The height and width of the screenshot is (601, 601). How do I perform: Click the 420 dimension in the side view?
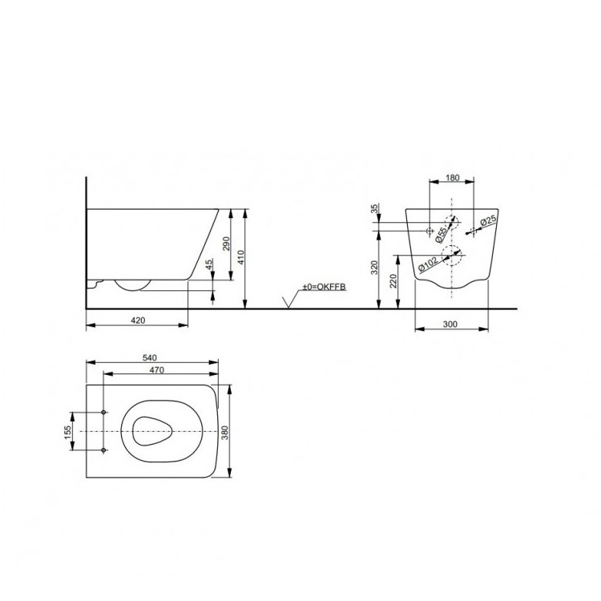(x=138, y=320)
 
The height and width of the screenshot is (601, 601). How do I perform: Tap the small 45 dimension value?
(x=209, y=264)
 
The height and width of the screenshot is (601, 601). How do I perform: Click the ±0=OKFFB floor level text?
(x=323, y=287)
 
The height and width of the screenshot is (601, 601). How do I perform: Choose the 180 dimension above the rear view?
(x=452, y=179)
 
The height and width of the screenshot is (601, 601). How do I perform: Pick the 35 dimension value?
(x=375, y=210)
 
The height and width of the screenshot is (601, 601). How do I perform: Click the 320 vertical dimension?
(x=375, y=268)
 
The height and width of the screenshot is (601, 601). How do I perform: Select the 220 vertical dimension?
(x=393, y=280)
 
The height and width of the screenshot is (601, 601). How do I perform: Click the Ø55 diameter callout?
(x=440, y=232)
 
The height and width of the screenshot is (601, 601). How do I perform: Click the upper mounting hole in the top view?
(x=104, y=413)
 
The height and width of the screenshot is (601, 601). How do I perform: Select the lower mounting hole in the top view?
(x=104, y=450)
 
